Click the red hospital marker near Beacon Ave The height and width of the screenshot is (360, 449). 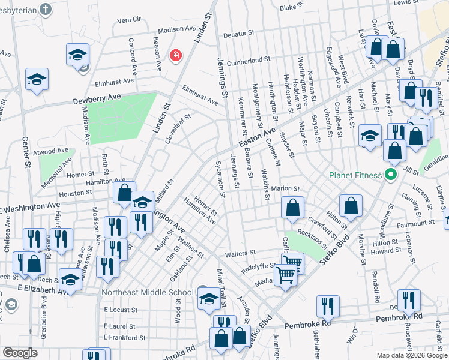(x=175, y=56)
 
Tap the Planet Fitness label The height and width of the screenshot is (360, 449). (x=355, y=175)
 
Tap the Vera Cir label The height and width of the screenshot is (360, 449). (x=129, y=19)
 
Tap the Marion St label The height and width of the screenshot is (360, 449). (x=285, y=189)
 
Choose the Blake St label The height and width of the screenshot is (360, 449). (x=289, y=7)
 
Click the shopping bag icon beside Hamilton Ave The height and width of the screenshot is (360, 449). (x=124, y=193)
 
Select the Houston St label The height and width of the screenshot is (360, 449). (x=74, y=193)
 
